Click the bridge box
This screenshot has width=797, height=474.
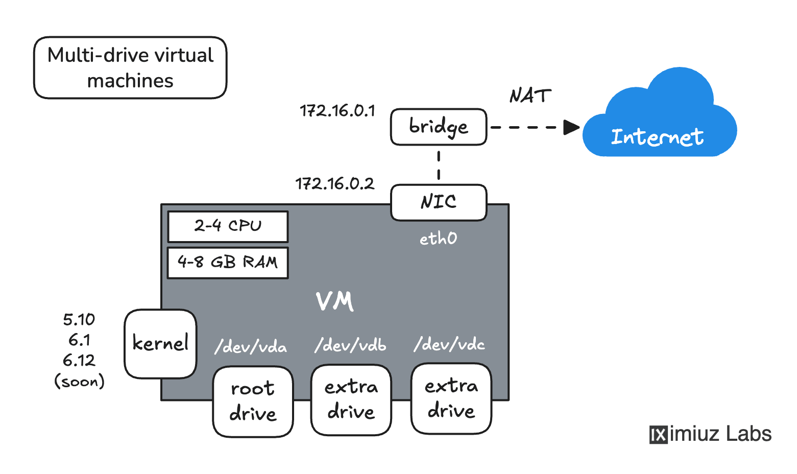[438, 127]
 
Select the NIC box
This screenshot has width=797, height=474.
[438, 202]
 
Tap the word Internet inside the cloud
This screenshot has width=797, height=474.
[657, 137]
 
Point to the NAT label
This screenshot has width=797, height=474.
[530, 96]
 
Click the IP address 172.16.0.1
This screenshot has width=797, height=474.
[337, 111]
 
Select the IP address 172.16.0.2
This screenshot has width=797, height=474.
[334, 184]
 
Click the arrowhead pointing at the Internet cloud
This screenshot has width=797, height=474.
[571, 127]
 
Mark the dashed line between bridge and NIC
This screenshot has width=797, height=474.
[439, 165]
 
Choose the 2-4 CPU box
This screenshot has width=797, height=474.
[228, 226]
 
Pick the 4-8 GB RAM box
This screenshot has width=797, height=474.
[228, 263]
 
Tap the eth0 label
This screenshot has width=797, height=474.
[438, 239]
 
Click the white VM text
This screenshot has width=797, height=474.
[334, 301]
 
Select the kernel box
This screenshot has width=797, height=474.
[160, 343]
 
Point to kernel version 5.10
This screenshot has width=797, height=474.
[79, 320]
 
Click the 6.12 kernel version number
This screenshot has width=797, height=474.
[79, 361]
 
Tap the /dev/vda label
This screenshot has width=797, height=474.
[251, 347]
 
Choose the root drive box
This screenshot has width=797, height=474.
[253, 401]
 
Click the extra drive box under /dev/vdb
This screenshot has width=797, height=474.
[351, 399]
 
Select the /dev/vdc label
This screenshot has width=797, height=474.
[449, 344]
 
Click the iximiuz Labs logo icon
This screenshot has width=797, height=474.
[658, 435]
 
